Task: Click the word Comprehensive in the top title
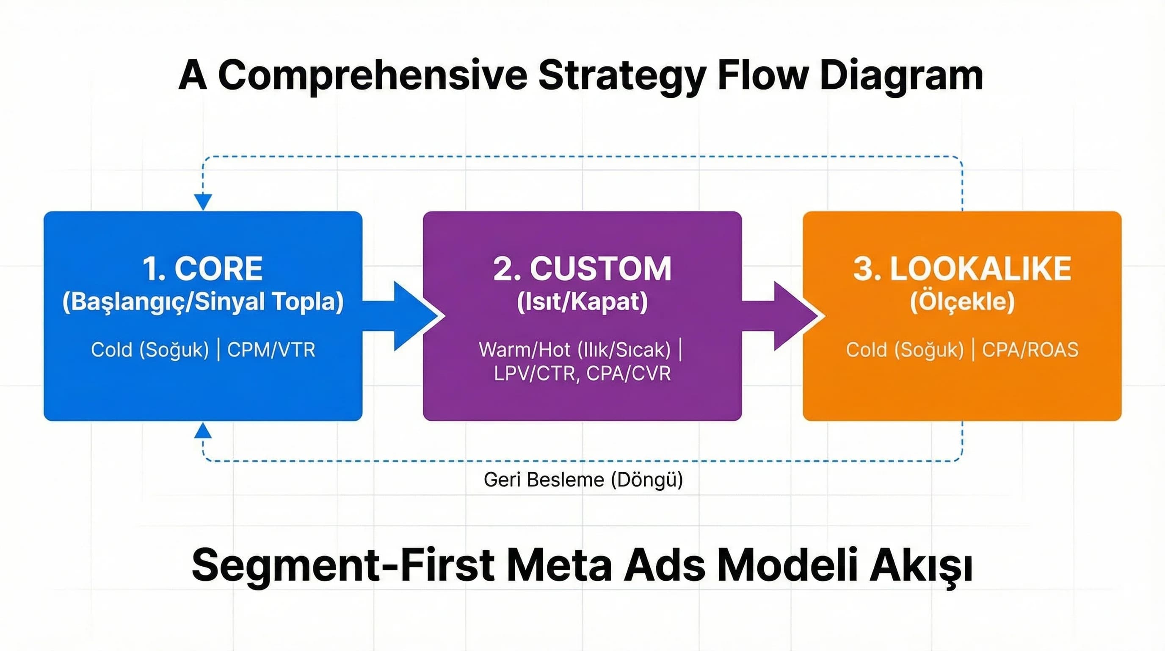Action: [372, 75]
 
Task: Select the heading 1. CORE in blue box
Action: [202, 268]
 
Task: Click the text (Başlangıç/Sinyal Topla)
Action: [203, 302]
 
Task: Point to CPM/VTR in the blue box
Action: [271, 350]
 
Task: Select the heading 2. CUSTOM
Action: [582, 268]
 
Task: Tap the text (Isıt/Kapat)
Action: [582, 302]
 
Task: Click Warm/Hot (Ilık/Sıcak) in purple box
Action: [574, 350]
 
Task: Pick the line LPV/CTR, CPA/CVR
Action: [582, 374]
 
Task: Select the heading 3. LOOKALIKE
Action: [962, 268]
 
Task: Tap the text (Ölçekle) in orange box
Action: [962, 302]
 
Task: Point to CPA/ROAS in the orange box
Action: [1030, 350]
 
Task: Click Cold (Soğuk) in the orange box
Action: [905, 350]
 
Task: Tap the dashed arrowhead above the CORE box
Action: [203, 201]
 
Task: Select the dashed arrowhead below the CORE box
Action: [203, 431]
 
